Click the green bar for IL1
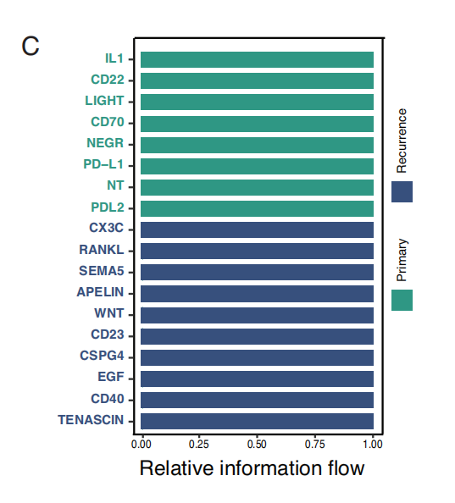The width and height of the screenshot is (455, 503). tap(257, 59)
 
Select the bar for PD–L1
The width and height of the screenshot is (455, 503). tap(257, 166)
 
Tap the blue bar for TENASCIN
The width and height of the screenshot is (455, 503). tap(257, 421)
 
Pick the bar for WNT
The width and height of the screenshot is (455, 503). tap(257, 315)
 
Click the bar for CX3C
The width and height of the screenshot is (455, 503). tap(257, 229)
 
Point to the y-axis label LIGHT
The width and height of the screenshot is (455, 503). tap(104, 101)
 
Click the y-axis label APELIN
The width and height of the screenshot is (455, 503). tap(100, 292)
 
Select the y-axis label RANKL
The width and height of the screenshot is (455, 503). tap(102, 250)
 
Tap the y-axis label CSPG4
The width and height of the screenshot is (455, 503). tap(102, 356)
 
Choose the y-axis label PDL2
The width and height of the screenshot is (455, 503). tap(108, 207)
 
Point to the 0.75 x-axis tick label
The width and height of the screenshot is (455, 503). tap(315, 445)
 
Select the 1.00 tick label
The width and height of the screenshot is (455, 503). tap(373, 445)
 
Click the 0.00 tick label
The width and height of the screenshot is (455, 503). tap(141, 445)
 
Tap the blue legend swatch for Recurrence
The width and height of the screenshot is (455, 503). tap(402, 191)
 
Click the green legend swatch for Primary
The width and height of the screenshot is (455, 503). tap(402, 300)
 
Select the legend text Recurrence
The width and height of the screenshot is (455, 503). tap(402, 141)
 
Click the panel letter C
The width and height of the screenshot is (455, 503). tap(31, 47)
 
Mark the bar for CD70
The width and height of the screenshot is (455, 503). tap(257, 124)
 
